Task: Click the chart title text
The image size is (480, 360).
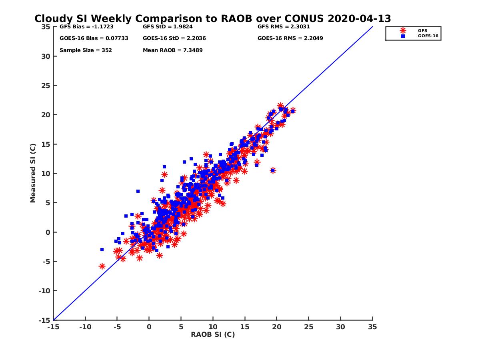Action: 212,19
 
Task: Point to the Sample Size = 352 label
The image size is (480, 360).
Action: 86,50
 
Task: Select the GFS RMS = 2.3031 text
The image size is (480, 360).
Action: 284,27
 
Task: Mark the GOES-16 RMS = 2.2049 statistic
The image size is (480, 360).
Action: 290,38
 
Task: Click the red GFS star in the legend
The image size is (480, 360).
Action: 403,30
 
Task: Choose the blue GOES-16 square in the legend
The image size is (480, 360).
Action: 403,36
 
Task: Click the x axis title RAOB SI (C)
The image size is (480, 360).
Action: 212,334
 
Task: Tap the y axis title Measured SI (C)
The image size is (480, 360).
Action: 33,173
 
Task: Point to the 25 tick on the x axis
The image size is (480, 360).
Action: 308,327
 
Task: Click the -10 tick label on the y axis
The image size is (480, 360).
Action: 45,291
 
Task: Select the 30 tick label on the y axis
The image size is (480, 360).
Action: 46,56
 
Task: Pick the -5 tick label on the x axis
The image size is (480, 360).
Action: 117,327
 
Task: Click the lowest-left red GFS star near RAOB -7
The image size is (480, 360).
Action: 102,266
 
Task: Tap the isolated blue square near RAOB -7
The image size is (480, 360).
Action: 102,250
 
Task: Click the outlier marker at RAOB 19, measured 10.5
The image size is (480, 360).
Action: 273,170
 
